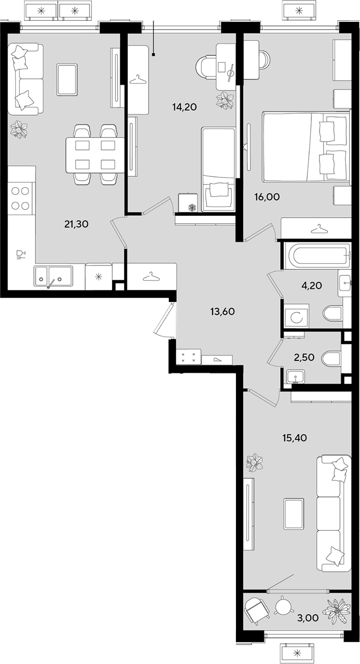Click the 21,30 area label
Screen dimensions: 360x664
76,224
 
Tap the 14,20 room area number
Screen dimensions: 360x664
185,106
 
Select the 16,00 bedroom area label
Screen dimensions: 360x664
267,197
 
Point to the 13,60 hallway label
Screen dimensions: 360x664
222,311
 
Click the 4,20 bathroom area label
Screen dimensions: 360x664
312,286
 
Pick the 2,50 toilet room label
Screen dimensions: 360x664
304,357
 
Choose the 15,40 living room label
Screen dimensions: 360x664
294,437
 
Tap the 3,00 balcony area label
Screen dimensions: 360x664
308,618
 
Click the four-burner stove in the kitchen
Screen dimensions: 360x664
20,199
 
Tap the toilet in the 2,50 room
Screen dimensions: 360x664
332,358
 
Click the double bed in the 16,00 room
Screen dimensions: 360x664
306,146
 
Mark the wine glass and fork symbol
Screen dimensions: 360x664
21,254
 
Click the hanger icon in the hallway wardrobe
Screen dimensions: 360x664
151,276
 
